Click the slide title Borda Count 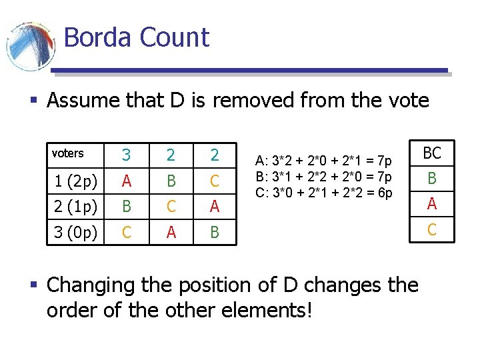136,37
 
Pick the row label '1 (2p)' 75,181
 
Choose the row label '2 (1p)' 75,207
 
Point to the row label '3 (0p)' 75,233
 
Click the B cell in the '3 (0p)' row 215,233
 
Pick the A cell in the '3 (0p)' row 171,233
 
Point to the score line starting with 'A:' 324,161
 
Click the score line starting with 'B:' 324,177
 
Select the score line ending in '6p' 324,193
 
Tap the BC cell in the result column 432,153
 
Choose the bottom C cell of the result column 432,230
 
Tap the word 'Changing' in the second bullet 91,285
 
